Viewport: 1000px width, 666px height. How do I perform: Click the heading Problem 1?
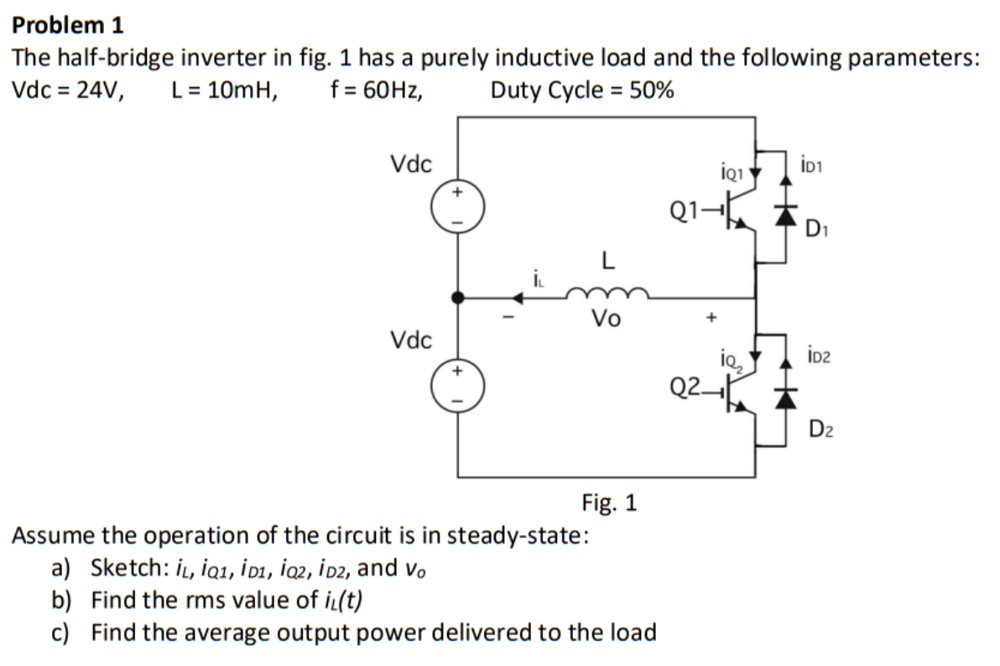pos(68,25)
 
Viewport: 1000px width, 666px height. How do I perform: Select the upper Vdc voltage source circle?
pos(457,206)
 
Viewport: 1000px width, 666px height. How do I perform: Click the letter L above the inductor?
pos(607,262)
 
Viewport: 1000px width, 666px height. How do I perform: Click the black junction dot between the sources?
pos(457,297)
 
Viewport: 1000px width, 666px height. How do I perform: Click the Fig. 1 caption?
pos(609,502)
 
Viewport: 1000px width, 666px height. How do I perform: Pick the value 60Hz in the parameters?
pos(387,90)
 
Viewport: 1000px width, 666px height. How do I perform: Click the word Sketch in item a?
pos(122,569)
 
